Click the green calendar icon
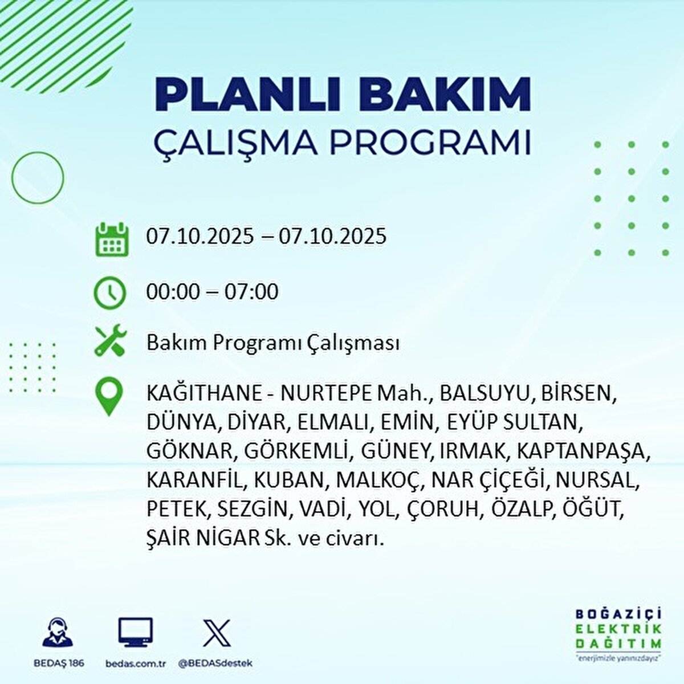click(112, 239)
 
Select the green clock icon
click(109, 293)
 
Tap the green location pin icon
click(109, 396)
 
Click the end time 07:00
click(251, 292)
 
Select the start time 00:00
click(173, 292)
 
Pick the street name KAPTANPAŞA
click(584, 450)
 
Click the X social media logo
click(217, 633)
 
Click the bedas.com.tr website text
click(136, 663)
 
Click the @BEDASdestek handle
click(216, 663)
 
